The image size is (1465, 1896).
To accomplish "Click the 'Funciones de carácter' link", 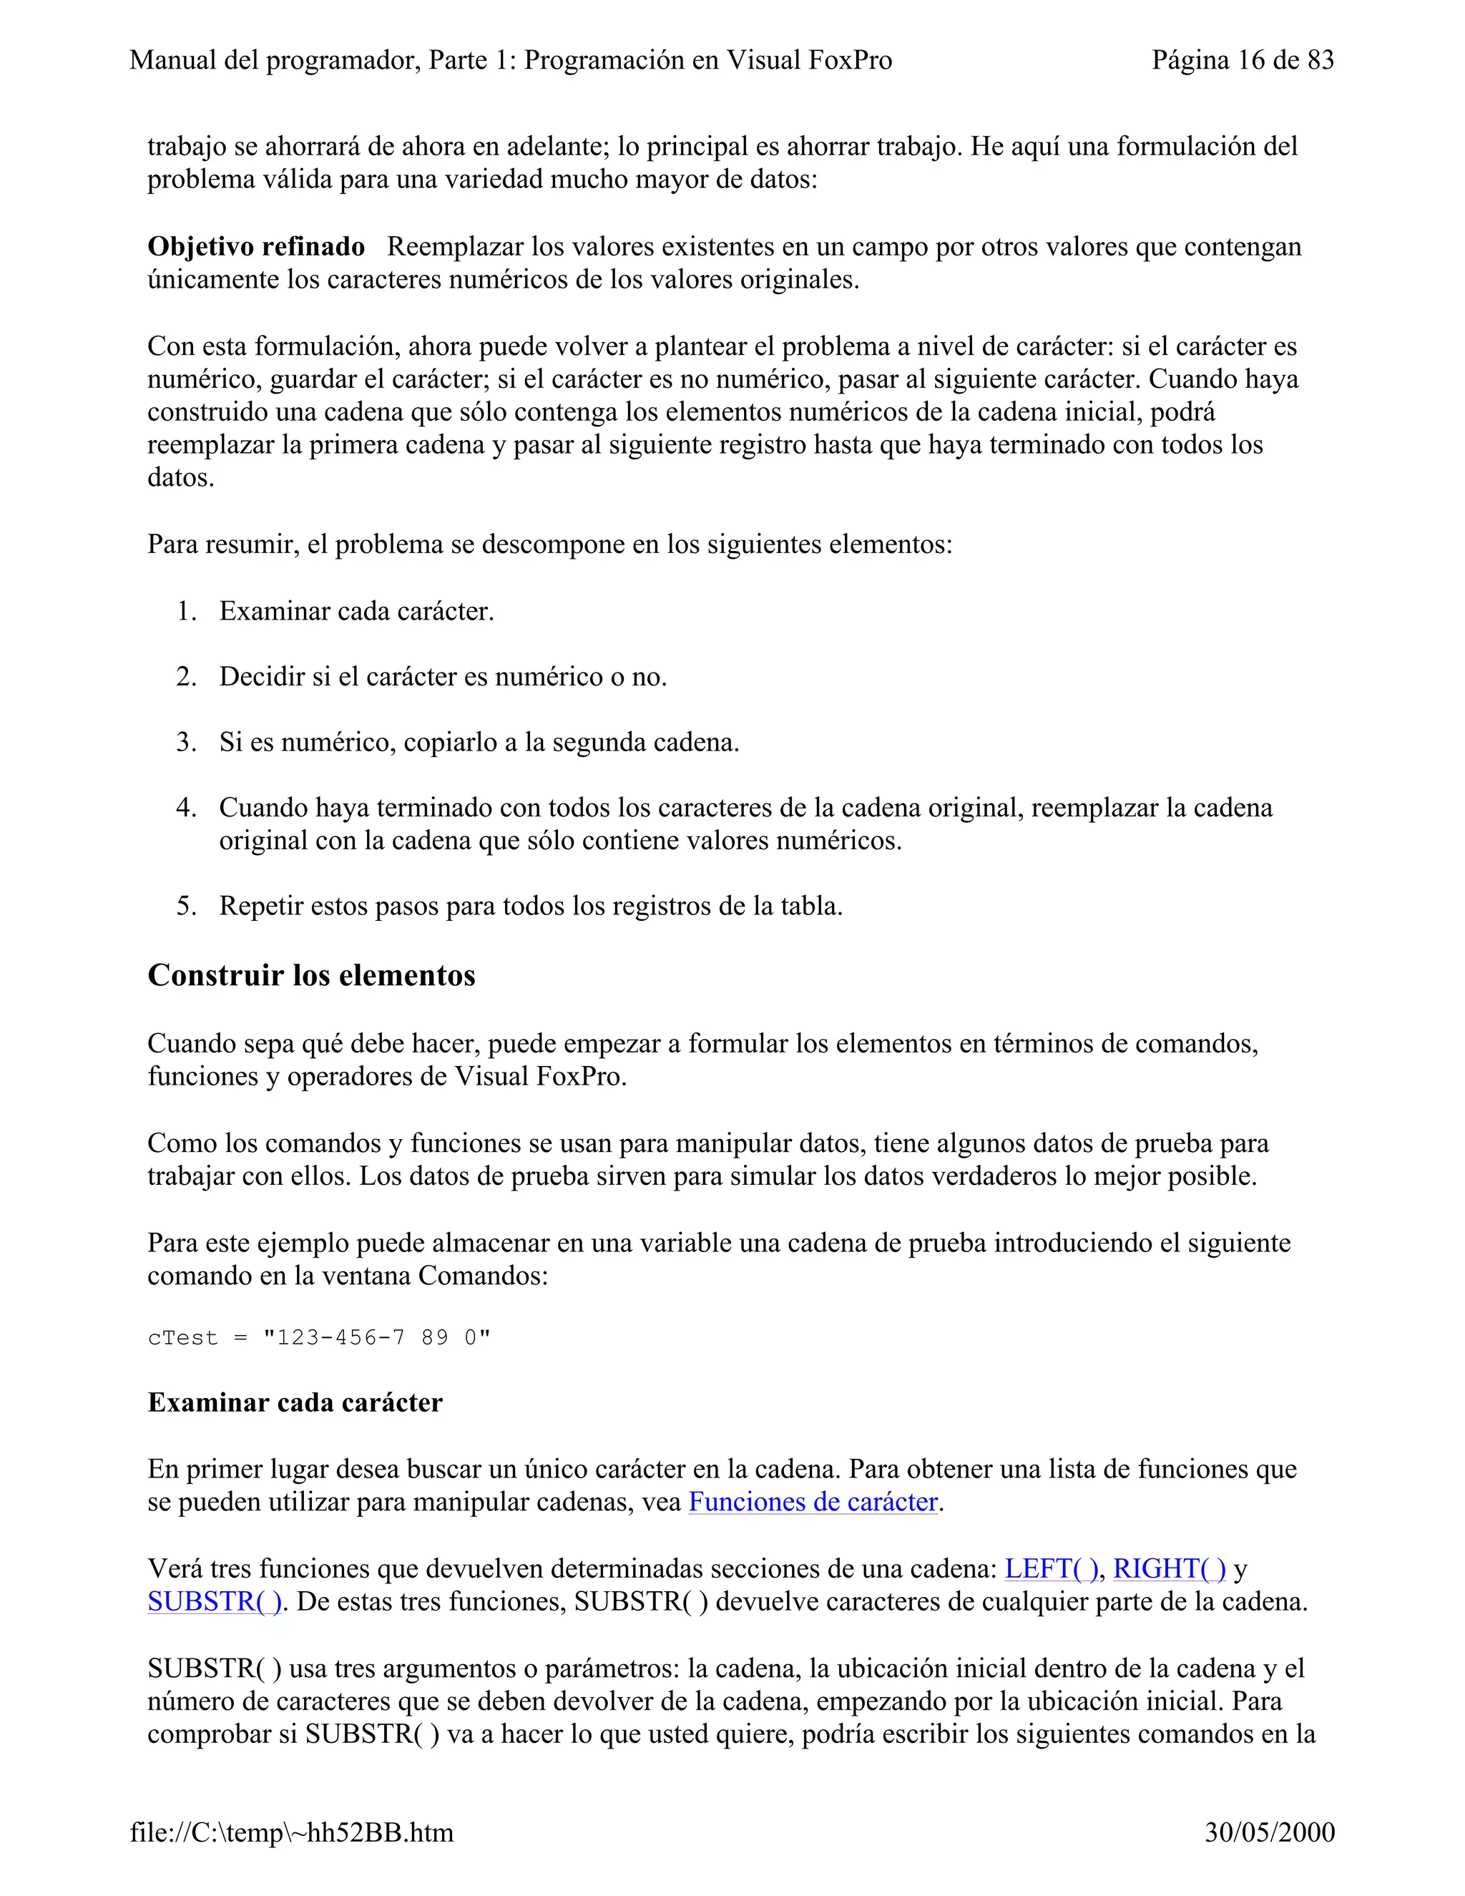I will (x=813, y=1502).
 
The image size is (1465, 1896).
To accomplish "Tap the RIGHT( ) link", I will (x=1169, y=1569).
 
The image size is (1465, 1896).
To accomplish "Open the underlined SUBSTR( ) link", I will (x=215, y=1602).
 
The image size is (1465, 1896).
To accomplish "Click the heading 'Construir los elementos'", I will (x=312, y=975).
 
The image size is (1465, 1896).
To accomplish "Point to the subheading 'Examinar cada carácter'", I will (x=295, y=1402).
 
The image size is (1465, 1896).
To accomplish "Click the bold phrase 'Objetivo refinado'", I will (x=256, y=247).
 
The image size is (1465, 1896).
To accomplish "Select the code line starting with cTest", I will (x=318, y=1338).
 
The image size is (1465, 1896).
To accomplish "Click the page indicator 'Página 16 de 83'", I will (x=1242, y=60).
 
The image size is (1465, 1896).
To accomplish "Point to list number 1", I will (x=187, y=611).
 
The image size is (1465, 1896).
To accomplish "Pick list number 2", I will (x=187, y=676).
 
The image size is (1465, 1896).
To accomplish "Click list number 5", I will (x=187, y=907).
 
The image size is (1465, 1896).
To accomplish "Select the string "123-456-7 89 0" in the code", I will (x=377, y=1338).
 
